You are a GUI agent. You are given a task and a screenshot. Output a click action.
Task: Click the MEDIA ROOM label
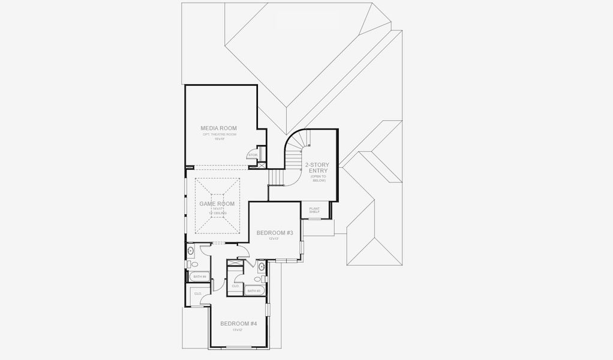(218, 128)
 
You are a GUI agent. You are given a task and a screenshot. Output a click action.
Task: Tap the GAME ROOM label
(217, 204)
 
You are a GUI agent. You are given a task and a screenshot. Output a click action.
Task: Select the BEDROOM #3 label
(274, 233)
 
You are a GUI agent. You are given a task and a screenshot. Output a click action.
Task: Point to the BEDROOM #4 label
(238, 323)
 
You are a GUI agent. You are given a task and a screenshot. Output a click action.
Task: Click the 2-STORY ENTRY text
(317, 168)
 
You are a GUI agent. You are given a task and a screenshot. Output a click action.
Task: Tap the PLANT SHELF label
(314, 210)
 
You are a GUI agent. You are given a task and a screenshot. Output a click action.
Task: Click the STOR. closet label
(253, 155)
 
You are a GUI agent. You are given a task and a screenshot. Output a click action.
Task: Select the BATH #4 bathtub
(199, 277)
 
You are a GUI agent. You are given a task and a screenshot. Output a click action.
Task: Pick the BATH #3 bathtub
(254, 291)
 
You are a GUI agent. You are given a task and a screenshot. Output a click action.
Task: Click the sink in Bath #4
(191, 251)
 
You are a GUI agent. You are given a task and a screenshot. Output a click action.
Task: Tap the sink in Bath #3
(262, 266)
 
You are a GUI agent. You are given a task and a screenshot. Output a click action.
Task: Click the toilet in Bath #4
(191, 264)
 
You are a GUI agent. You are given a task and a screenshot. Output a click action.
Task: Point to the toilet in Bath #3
(259, 278)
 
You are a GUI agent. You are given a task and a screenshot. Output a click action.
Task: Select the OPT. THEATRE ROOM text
(220, 134)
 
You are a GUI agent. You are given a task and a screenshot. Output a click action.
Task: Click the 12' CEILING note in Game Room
(217, 213)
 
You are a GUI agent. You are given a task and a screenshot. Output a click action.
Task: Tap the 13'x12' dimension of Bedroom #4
(238, 330)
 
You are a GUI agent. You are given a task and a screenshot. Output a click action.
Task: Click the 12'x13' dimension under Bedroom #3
(274, 239)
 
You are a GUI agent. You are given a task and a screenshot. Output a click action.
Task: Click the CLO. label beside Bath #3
(236, 286)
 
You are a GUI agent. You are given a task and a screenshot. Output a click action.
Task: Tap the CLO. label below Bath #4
(197, 293)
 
